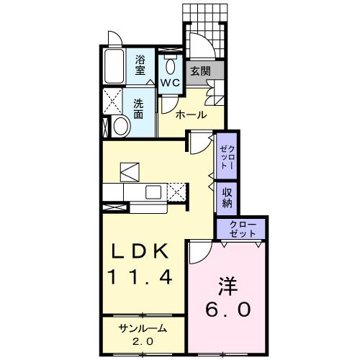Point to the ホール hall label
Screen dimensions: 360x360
[x=191, y=114]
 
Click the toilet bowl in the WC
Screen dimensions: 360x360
[x=171, y=67]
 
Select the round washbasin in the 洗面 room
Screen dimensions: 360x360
[x=120, y=127]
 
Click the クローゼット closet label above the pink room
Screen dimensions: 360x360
[x=241, y=229]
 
